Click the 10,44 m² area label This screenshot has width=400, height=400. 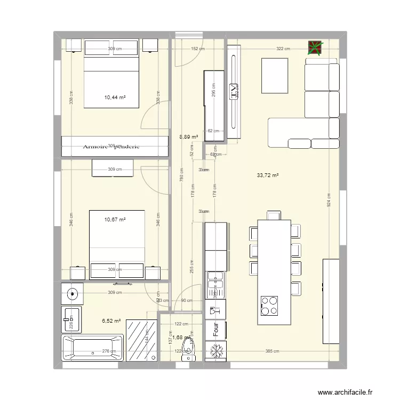coord(115,97)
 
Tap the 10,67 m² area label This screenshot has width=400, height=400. coord(115,219)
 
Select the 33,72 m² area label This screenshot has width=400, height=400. coord(267,175)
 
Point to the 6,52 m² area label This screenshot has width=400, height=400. coord(111,321)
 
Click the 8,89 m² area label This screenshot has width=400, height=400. coord(189,137)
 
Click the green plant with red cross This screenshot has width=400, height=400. coord(315,49)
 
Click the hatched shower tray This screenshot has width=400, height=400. coord(142,340)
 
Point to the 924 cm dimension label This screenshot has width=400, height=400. coord(330,200)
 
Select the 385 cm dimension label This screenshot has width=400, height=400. coord(272,351)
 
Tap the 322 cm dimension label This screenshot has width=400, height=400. coord(283,49)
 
